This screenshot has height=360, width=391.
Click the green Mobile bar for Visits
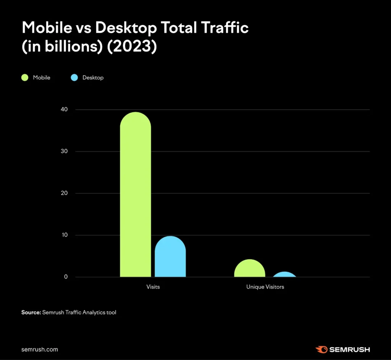coord(136,195)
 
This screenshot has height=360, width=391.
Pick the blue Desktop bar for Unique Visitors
coord(284,274)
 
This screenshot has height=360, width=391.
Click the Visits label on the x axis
coord(153,287)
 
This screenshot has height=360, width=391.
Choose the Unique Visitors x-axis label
coord(265,287)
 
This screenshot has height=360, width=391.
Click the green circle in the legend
coord(25,78)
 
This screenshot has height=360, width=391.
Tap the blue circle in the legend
coord(74,78)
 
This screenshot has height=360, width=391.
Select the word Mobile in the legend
coord(42,78)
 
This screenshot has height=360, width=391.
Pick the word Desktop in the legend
coord(93,78)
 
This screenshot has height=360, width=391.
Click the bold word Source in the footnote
coord(31,312)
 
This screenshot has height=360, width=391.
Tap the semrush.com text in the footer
coord(40,349)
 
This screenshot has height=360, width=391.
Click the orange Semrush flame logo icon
coord(321,349)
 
